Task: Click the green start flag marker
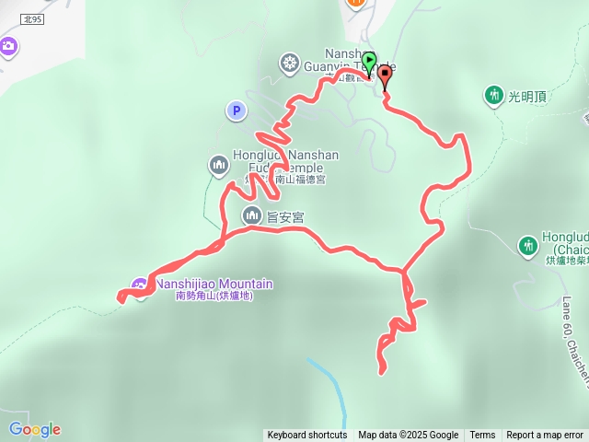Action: click(x=369, y=61)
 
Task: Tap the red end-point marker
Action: click(x=384, y=77)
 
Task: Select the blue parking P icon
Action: click(x=237, y=111)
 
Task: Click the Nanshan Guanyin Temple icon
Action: click(x=290, y=63)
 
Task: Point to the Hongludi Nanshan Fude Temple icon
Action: click(x=219, y=165)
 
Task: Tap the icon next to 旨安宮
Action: click(x=252, y=215)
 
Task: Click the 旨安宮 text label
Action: click(x=285, y=216)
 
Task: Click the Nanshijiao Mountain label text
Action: click(x=214, y=285)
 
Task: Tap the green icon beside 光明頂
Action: click(x=495, y=95)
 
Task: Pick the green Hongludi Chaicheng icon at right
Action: click(x=528, y=245)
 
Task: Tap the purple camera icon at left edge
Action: click(x=7, y=46)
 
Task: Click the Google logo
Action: click(x=34, y=429)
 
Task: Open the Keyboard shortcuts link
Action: click(x=307, y=436)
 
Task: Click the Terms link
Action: click(x=482, y=436)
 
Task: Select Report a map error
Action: click(x=545, y=436)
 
